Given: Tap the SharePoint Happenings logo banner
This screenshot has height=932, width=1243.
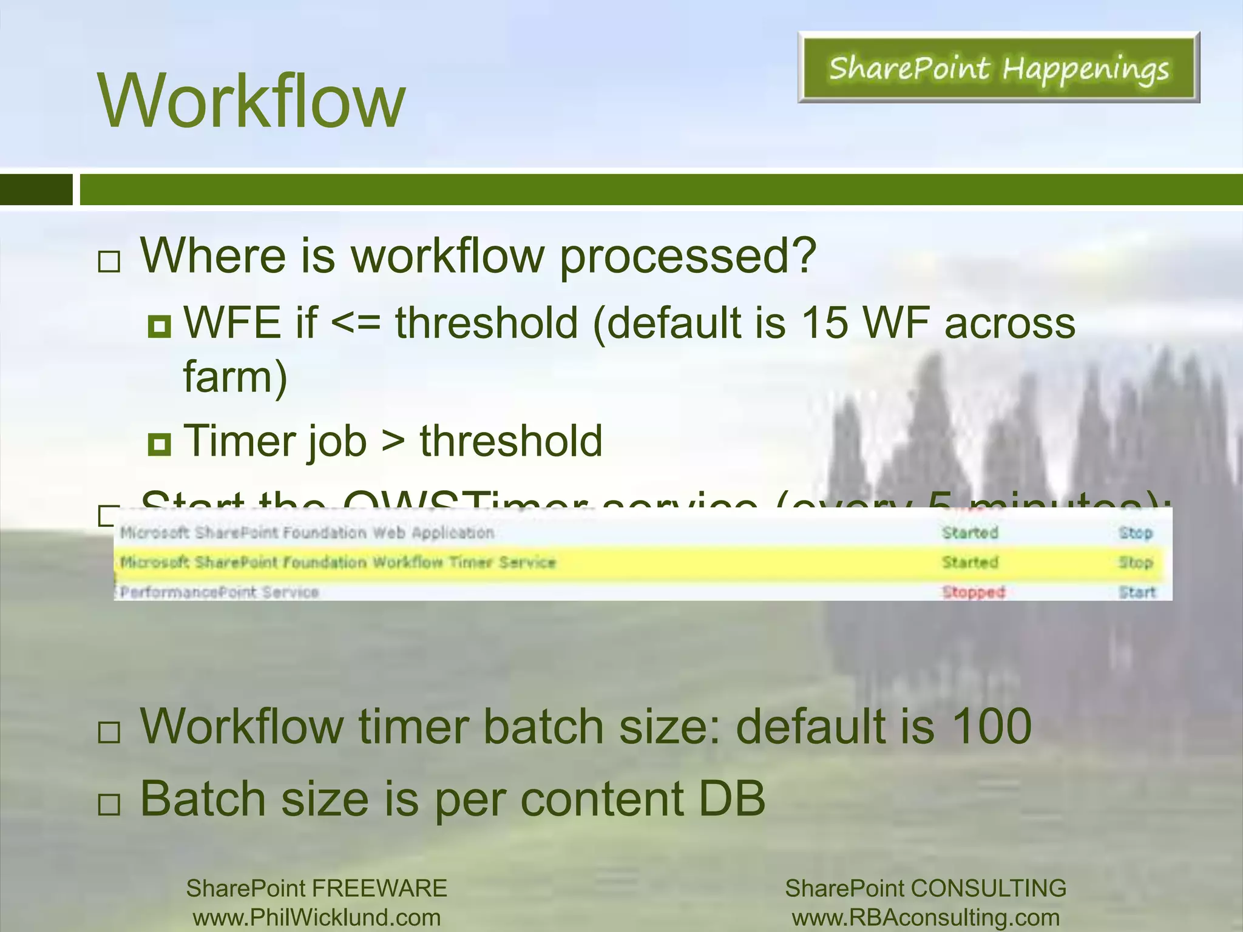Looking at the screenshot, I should click(998, 67).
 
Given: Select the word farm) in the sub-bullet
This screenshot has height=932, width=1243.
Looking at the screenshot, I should click(235, 377).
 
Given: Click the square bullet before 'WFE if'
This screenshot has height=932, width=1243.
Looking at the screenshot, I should click(159, 326).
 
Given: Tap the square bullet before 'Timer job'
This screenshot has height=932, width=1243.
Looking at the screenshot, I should click(159, 445).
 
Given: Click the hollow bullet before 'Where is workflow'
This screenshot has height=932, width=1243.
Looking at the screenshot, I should click(109, 262).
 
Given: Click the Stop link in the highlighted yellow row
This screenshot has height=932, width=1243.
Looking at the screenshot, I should click(1135, 562).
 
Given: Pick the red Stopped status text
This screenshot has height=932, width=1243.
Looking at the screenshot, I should click(974, 592).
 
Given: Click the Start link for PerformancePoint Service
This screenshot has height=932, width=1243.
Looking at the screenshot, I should click(1137, 592).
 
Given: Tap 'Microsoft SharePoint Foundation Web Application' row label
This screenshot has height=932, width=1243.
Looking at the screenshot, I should click(307, 533).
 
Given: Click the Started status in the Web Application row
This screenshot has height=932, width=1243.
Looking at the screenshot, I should click(970, 533).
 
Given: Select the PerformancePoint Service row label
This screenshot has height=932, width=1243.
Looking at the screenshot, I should click(219, 592).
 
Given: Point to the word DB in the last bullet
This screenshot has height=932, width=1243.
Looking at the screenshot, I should click(731, 799).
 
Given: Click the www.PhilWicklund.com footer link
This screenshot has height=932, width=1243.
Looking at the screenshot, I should click(316, 917).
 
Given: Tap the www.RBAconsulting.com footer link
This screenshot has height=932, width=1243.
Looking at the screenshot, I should click(926, 917).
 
